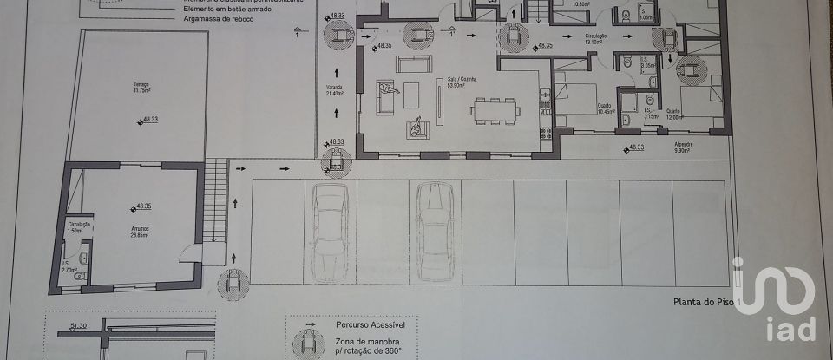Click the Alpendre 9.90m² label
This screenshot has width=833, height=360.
pos(682,148)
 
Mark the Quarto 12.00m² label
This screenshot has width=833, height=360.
pos(674,113)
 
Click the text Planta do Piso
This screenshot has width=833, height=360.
pos(701,302)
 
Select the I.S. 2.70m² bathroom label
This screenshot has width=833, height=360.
pos(70,268)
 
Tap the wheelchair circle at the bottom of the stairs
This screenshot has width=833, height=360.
pos(233,282)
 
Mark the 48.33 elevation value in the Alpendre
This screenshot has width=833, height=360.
pos(635,147)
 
